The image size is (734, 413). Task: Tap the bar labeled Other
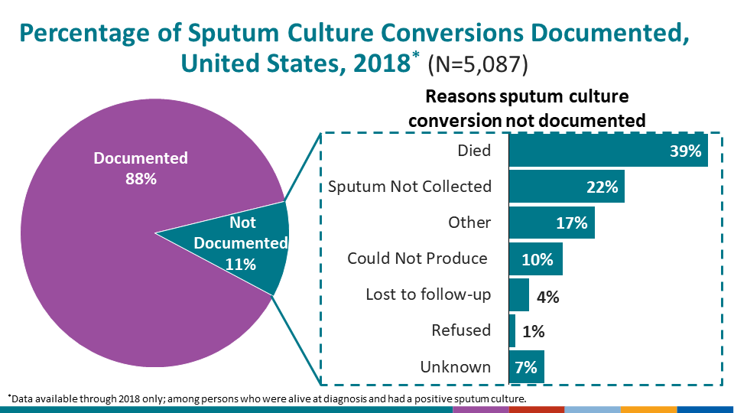coord(551,223)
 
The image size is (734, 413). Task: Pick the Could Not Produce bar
coord(535,259)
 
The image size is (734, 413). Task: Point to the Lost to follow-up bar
coord(518,295)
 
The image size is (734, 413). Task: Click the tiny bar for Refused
coord(512,331)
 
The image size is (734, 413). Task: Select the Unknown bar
coord(526,367)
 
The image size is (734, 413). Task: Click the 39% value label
coord(685,151)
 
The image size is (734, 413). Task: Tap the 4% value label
coord(548,297)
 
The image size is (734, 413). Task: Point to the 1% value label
coord(534,332)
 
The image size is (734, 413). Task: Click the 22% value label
coord(602,187)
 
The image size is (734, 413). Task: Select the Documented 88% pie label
coord(140,168)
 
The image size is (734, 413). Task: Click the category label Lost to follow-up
coord(428,294)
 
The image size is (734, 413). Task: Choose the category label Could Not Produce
coord(417,259)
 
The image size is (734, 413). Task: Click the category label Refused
coord(460,330)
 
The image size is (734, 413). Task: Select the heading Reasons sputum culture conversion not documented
coord(527,109)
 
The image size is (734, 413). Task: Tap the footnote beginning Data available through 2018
coord(268,399)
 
